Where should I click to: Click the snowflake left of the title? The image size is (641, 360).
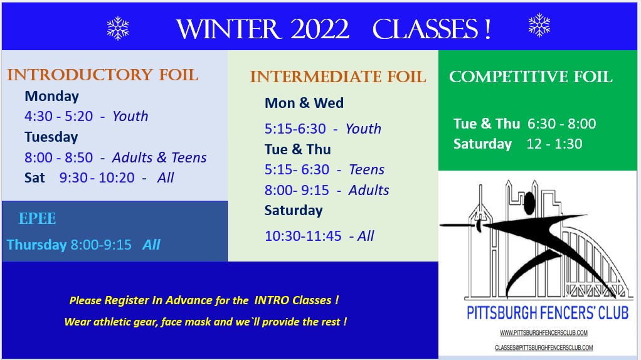point(118,28)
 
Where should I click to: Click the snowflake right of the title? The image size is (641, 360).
point(539,25)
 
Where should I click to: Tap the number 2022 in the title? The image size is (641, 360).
point(320,29)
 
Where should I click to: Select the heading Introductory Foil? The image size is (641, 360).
point(103,75)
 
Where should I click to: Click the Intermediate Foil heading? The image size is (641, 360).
point(338,77)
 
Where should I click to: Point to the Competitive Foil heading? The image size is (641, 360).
point(531,77)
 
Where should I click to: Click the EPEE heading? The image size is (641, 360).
point(37,219)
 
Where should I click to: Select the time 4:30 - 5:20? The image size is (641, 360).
point(59,116)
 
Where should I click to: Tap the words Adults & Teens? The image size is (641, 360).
point(159,157)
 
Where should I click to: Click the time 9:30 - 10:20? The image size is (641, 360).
point(97,177)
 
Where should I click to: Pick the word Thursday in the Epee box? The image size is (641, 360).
point(37,245)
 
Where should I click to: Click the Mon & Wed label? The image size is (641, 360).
point(304,103)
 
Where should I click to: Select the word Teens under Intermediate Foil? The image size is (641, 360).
point(367,169)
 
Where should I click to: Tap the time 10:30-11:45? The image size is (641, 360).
point(303,236)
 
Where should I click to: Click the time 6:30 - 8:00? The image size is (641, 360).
point(562,124)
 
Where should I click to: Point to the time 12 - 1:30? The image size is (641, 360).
point(554,144)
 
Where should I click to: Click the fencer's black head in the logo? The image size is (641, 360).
point(529,203)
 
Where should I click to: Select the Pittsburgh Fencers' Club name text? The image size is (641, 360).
point(548,313)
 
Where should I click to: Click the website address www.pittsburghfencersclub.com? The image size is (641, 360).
point(544,332)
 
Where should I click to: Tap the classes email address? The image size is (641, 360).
point(544,347)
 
